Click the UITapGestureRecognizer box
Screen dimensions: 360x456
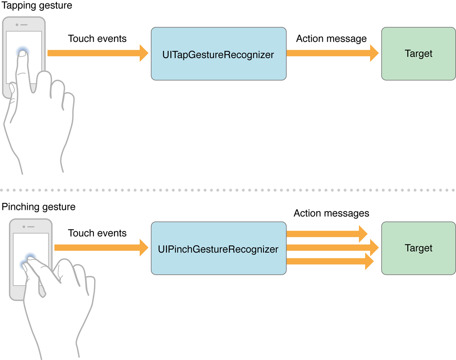click(218, 54)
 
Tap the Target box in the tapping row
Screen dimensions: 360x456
click(418, 54)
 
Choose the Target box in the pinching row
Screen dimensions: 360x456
click(418, 248)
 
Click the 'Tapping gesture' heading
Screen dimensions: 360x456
click(37, 6)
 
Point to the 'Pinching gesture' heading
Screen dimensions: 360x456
click(39, 207)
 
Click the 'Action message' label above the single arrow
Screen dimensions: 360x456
click(331, 39)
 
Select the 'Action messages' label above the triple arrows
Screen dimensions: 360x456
click(331, 213)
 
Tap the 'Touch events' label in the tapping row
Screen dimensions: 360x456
click(97, 39)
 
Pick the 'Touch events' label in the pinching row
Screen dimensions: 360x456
click(97, 233)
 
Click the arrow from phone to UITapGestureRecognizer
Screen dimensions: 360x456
click(98, 53)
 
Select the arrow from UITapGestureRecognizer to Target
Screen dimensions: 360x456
click(332, 53)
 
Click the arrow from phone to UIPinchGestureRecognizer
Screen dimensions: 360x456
click(101, 248)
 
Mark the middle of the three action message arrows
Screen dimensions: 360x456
click(332, 248)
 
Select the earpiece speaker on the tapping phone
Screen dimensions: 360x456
click(24, 24)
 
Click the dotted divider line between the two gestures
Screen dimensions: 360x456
click(228, 190)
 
